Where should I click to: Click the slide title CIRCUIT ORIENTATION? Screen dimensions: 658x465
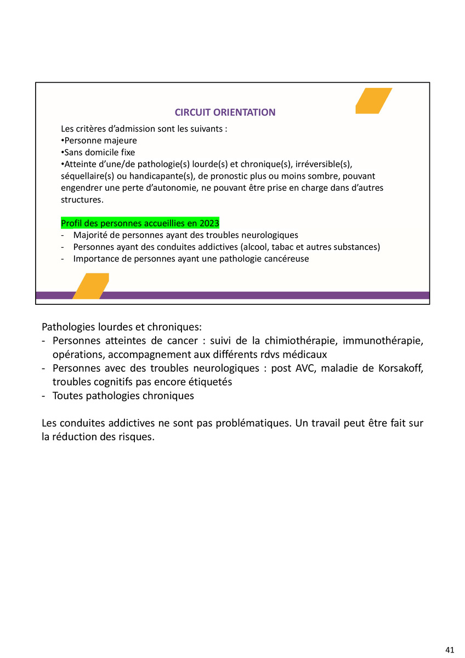[x=225, y=112]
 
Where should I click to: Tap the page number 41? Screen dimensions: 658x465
[x=450, y=650]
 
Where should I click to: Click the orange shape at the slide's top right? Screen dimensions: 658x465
[x=373, y=101]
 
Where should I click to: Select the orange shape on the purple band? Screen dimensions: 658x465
[x=90, y=286]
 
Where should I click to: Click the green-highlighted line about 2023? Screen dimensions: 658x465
[x=140, y=223]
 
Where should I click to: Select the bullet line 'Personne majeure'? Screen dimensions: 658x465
[x=99, y=141]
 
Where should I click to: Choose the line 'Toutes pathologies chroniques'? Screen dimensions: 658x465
[x=123, y=396]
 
